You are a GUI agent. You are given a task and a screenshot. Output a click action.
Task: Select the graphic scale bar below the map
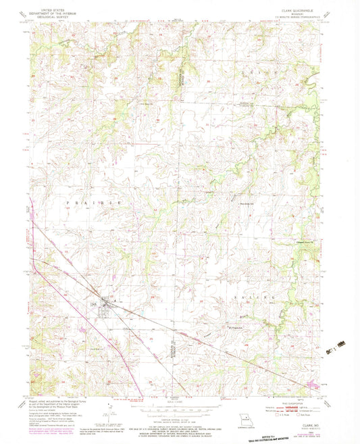coord(176,408)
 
